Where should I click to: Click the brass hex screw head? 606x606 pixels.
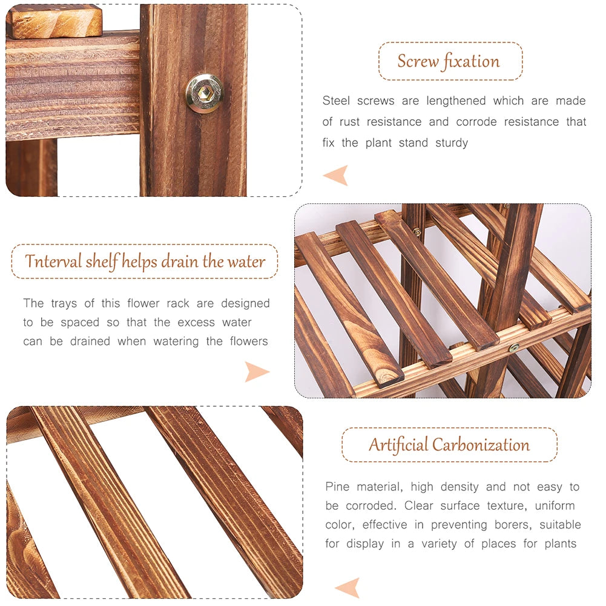click(x=204, y=93)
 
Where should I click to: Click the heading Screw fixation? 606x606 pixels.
click(x=449, y=61)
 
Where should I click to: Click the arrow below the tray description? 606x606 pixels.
click(x=257, y=371)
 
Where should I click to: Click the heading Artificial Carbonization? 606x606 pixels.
click(x=449, y=445)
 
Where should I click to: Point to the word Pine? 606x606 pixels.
click(x=337, y=487)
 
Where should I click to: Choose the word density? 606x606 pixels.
click(x=459, y=487)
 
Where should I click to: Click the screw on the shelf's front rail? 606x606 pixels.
click(x=513, y=347)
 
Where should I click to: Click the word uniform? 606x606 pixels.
click(x=554, y=506)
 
